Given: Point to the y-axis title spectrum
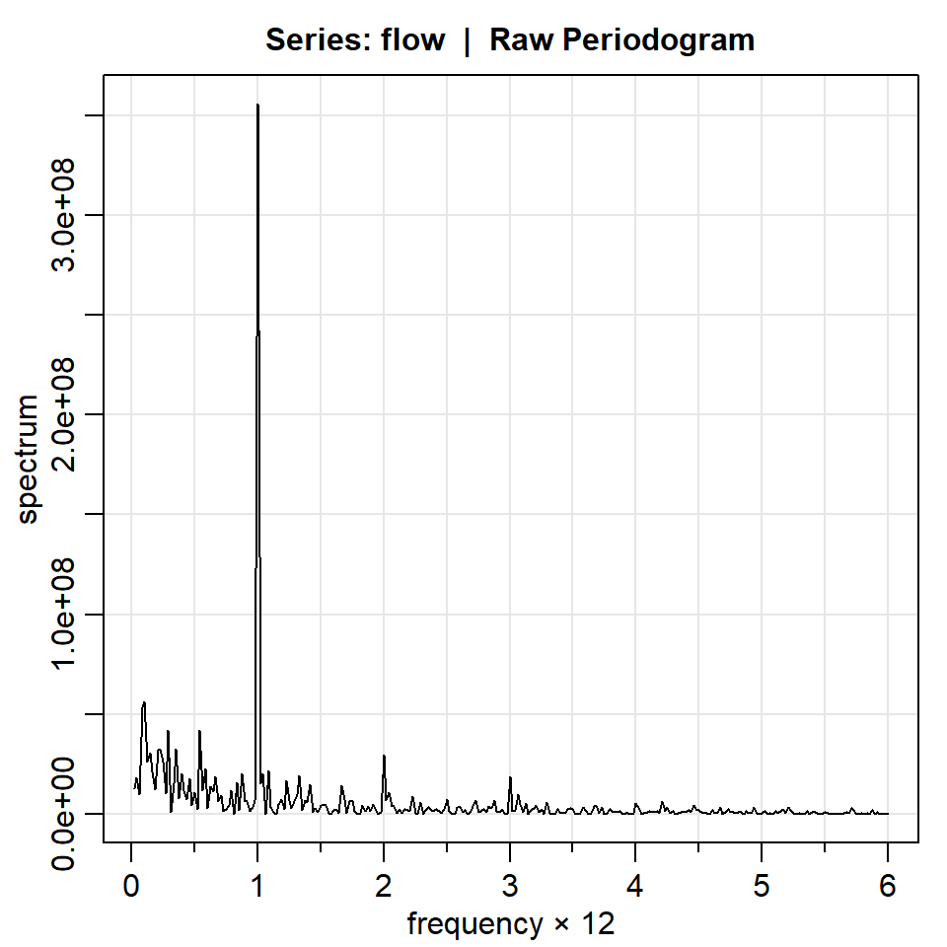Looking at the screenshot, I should [x=29, y=459].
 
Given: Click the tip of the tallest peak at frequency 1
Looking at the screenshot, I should [x=257, y=105].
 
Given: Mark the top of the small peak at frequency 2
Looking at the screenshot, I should [x=384, y=756].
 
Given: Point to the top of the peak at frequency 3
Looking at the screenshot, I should [x=510, y=777].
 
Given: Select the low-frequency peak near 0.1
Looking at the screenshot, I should [x=144, y=702].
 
